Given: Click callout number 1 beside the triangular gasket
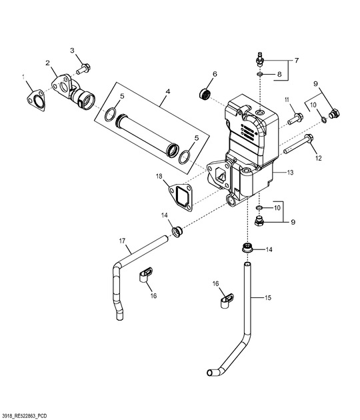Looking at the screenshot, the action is point(23,77).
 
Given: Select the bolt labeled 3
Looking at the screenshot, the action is point(84,69).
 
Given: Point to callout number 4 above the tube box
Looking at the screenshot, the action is point(168,91).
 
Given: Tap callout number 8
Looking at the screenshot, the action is point(279,74).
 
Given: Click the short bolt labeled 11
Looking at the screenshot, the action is point(295,119).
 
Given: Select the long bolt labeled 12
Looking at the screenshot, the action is point(299,144).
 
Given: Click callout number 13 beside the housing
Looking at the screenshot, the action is point(290,172).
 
